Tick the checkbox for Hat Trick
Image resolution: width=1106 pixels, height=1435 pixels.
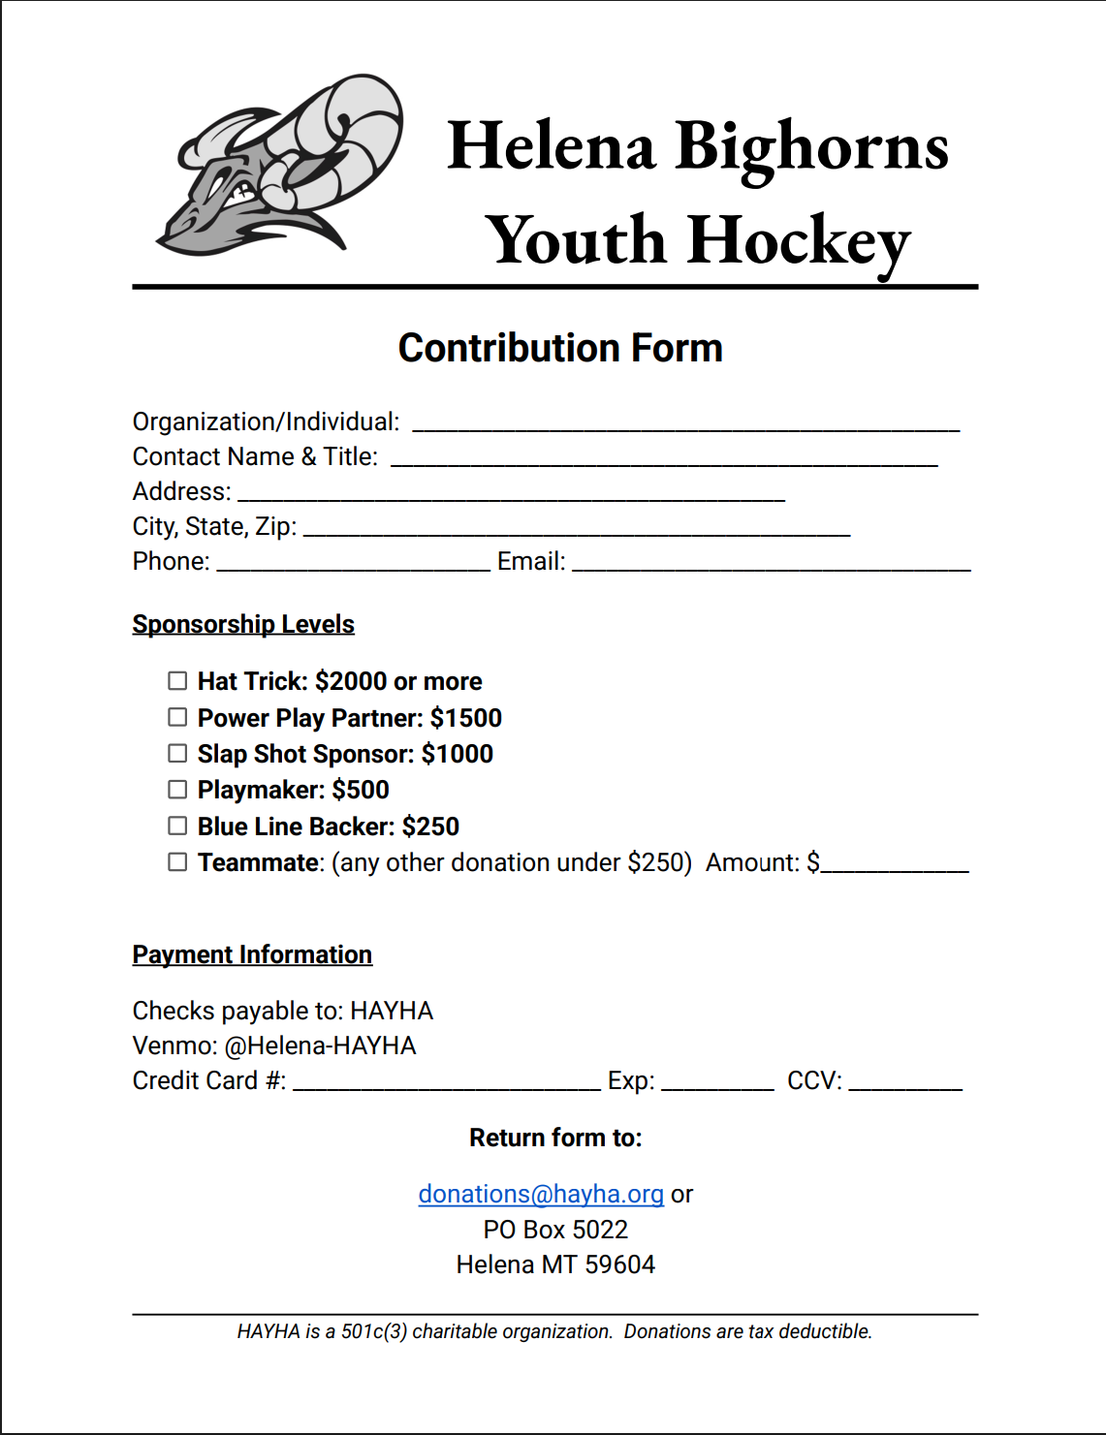pyautogui.click(x=177, y=681)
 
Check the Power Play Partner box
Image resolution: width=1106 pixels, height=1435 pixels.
pyautogui.click(x=177, y=717)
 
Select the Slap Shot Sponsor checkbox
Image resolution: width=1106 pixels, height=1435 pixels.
pyautogui.click(x=177, y=753)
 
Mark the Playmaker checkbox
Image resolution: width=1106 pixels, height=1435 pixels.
pyautogui.click(x=177, y=790)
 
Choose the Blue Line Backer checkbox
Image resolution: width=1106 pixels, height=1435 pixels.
pyautogui.click(x=177, y=826)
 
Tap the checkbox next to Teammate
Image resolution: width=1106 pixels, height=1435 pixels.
pyautogui.click(x=177, y=861)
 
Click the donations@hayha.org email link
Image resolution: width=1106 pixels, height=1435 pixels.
pyautogui.click(x=541, y=1194)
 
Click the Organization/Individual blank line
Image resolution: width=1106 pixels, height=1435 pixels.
pyautogui.click(x=685, y=423)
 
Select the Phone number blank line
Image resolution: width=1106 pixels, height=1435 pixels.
pyautogui.click(x=354, y=564)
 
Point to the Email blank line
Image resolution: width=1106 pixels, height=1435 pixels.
pyautogui.click(x=771, y=564)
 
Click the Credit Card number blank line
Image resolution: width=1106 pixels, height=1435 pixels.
pyautogui.click(x=446, y=1083)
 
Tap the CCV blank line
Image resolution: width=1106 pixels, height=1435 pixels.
pyautogui.click(x=905, y=1083)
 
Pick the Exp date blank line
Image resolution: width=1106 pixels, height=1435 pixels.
pyautogui.click(x=717, y=1083)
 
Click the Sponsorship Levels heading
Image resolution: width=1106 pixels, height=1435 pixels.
pyautogui.click(x=243, y=624)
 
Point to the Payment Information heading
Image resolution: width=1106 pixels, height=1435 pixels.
pyautogui.click(x=252, y=954)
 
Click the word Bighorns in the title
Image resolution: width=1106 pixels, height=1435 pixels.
pyautogui.click(x=811, y=147)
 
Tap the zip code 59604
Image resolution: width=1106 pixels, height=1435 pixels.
pyautogui.click(x=619, y=1264)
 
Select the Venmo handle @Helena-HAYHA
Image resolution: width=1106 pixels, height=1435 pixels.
pyautogui.click(x=320, y=1045)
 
